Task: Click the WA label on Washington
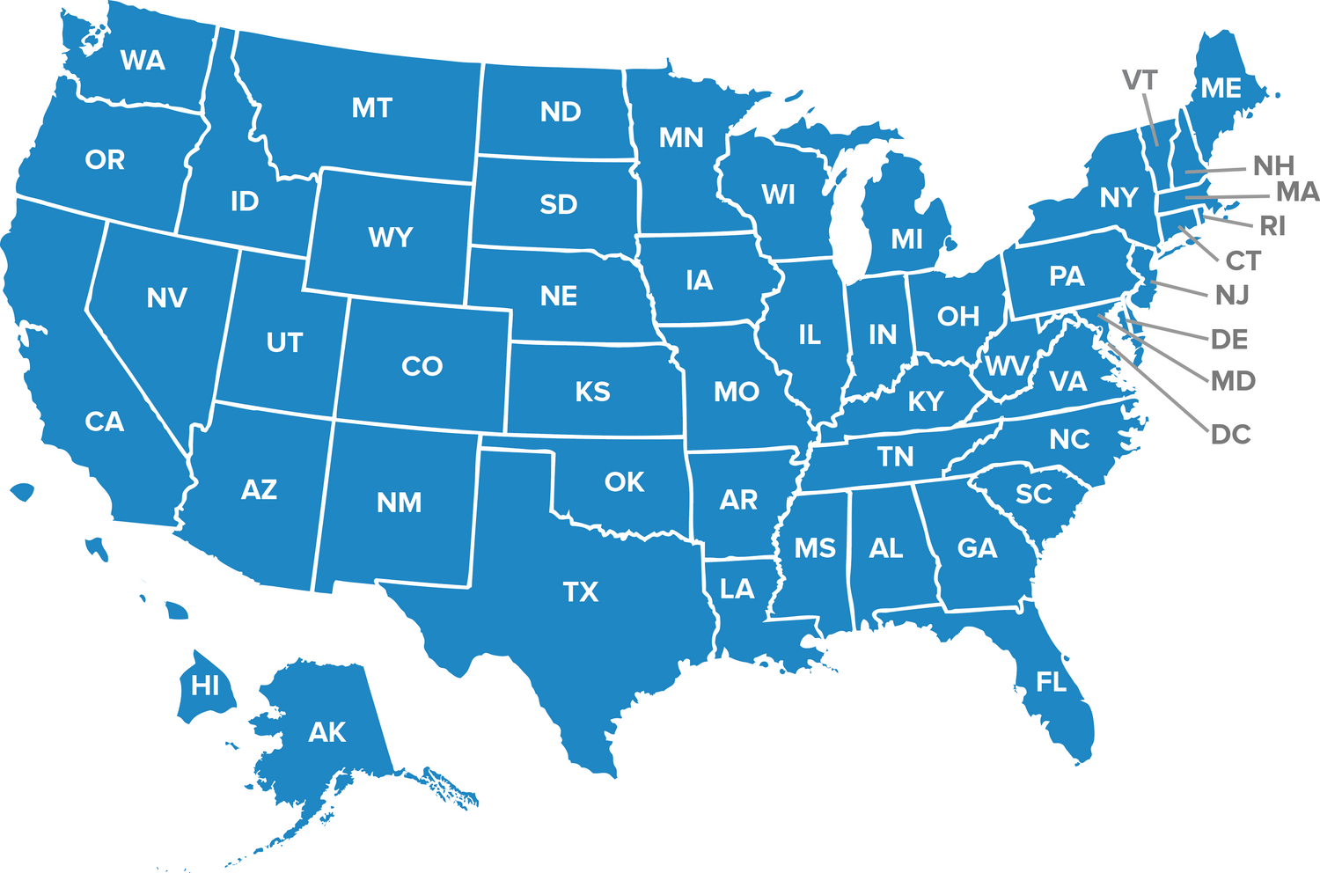point(143,61)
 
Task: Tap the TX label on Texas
point(580,592)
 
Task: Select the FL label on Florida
point(1051,682)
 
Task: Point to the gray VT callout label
point(1140,81)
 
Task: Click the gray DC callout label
point(1230,435)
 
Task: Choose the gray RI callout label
point(1272,227)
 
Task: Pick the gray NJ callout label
point(1232,296)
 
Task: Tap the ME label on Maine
point(1221,89)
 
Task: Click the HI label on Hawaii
point(205,686)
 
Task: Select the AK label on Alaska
point(327,732)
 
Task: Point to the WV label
point(1006,366)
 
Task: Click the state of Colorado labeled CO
point(422,366)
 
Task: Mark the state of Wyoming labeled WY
point(390,238)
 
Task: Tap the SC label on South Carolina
point(1033,495)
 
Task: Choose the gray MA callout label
point(1297,192)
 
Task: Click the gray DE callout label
point(1229,340)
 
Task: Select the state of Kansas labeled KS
point(592,392)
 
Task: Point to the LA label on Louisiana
point(737,589)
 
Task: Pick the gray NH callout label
point(1273,165)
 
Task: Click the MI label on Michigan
point(906,239)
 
